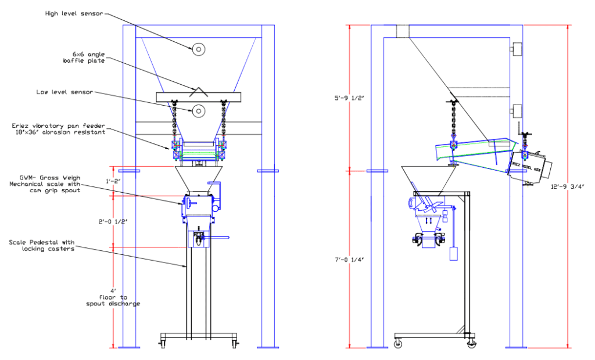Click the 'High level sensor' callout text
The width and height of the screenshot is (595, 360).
pyautogui.click(x=74, y=13)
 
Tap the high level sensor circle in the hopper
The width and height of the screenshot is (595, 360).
pyautogui.click(x=199, y=50)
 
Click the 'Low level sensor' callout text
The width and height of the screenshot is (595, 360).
pyautogui.click(x=64, y=92)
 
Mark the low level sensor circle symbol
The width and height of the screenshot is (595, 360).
pyautogui.click(x=199, y=110)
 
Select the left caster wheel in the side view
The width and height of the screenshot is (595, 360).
pyautogui.click(x=398, y=344)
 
